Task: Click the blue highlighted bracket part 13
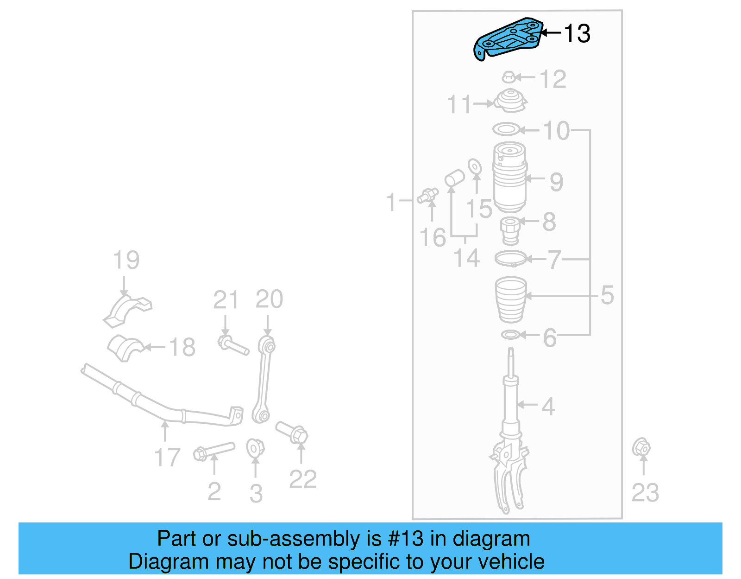(507, 39)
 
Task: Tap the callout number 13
(577, 33)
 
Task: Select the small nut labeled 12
(509, 77)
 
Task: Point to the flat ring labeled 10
(506, 129)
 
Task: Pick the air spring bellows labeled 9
(509, 178)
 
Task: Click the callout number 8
(549, 222)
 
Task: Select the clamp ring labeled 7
(510, 258)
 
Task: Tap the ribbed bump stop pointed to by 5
(511, 299)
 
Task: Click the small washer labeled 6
(510, 334)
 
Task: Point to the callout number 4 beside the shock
(548, 406)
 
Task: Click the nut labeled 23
(641, 447)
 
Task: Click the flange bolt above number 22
(292, 432)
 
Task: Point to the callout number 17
(167, 457)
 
